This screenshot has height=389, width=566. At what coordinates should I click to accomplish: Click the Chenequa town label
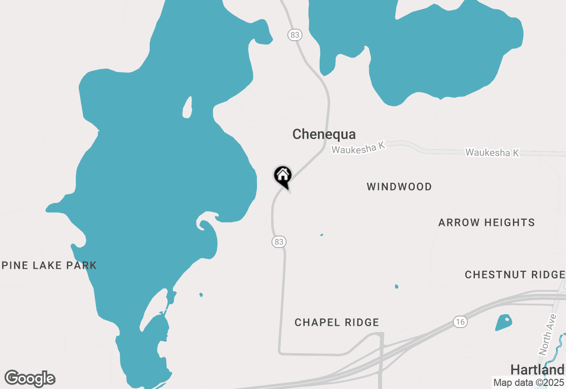pyautogui.click(x=324, y=134)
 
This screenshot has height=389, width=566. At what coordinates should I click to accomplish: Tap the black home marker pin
pyautogui.click(x=283, y=176)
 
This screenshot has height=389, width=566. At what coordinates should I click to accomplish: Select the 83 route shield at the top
pyautogui.click(x=294, y=34)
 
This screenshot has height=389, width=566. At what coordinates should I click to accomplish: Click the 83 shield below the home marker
pyautogui.click(x=279, y=241)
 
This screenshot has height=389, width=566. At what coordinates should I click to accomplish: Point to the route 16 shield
pyautogui.click(x=460, y=322)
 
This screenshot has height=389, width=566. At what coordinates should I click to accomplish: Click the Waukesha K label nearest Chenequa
pyautogui.click(x=359, y=148)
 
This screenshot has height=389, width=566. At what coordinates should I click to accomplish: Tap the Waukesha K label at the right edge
pyautogui.click(x=492, y=153)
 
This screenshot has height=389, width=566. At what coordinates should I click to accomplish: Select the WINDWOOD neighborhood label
pyautogui.click(x=399, y=187)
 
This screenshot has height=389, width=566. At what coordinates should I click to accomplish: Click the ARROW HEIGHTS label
pyautogui.click(x=486, y=222)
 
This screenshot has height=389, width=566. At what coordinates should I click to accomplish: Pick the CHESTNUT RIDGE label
pyautogui.click(x=515, y=275)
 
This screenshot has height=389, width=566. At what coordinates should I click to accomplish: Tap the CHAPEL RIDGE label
pyautogui.click(x=337, y=323)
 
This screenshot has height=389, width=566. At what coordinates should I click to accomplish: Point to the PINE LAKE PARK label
pyautogui.click(x=49, y=265)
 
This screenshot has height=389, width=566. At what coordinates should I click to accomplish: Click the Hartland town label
pyautogui.click(x=537, y=370)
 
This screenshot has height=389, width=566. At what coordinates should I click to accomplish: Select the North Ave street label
pyautogui.click(x=548, y=338)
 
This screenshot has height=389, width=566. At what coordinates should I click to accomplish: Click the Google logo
pyautogui.click(x=30, y=379)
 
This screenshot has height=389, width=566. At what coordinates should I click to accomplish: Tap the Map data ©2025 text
pyautogui.click(x=528, y=383)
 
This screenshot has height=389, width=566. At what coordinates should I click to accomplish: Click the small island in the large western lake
pyautogui.click(x=188, y=107)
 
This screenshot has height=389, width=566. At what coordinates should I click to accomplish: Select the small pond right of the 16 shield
pyautogui.click(x=504, y=322)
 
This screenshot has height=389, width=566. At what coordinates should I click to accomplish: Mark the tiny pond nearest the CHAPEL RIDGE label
pyautogui.click(x=396, y=286)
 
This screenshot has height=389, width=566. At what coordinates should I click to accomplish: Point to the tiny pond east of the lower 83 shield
pyautogui.click(x=321, y=235)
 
